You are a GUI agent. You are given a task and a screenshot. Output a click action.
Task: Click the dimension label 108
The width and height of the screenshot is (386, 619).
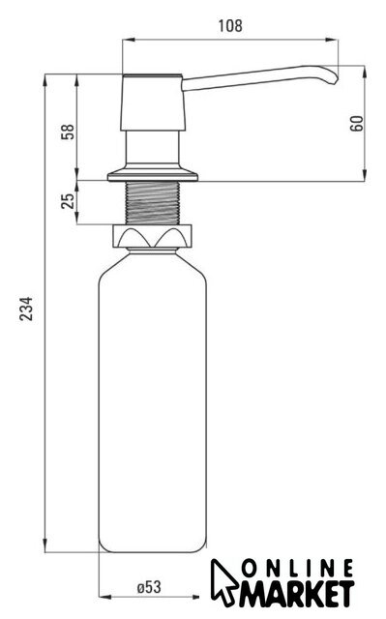coord(230,26)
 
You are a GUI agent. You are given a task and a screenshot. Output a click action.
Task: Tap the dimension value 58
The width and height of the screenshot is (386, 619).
coord(68,132)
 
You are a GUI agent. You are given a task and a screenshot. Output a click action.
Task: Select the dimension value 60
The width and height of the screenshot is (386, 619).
coord(356,124)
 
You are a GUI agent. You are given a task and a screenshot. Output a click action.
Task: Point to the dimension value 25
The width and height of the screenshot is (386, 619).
coord(68,201)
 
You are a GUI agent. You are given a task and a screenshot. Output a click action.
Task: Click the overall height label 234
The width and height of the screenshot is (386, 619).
coord(26,309)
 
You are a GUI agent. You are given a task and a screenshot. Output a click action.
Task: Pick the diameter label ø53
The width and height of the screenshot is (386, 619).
coord(149,587)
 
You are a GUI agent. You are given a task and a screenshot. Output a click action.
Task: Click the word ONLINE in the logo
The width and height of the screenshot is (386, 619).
coord(298,569)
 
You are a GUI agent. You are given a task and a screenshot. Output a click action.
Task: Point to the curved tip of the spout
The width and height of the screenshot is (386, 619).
coord(333,77)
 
